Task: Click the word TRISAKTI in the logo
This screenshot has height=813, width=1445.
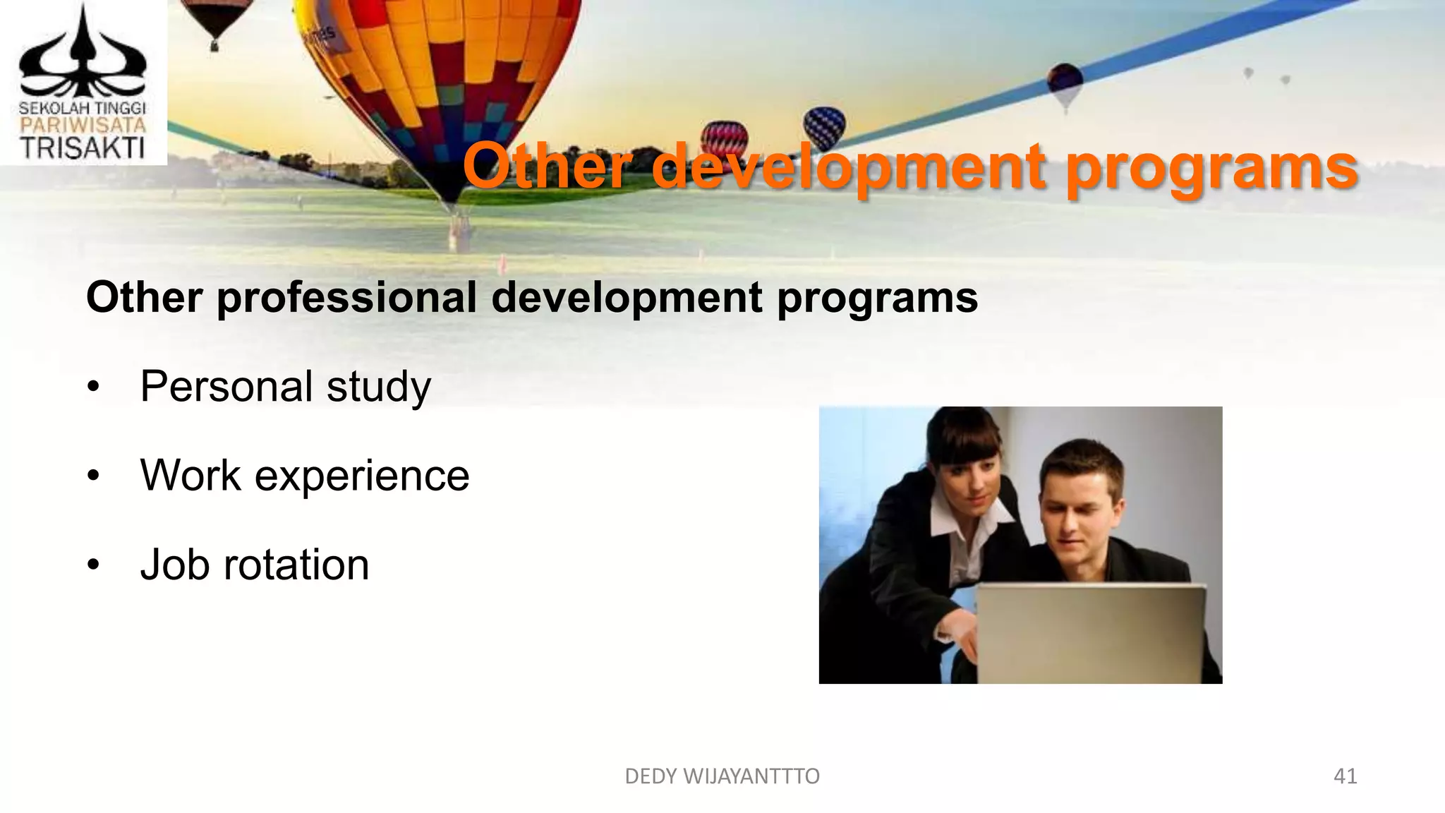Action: point(83,148)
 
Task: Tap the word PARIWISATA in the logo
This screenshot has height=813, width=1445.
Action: point(83,126)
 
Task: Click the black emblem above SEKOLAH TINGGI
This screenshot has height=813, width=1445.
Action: point(83,56)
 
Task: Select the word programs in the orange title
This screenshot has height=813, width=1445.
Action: point(1211,169)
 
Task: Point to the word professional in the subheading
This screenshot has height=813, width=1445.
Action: point(346,298)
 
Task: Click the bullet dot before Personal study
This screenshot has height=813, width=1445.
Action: point(94,387)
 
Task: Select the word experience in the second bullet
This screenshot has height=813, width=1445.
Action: point(361,476)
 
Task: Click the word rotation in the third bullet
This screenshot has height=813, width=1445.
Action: point(296,565)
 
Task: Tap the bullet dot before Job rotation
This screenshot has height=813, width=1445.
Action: point(94,565)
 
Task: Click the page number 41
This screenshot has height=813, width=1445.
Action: point(1345,776)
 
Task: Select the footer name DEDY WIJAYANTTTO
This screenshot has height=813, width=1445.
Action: point(722,776)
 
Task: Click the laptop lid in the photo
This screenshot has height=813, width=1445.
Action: point(1090,632)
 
